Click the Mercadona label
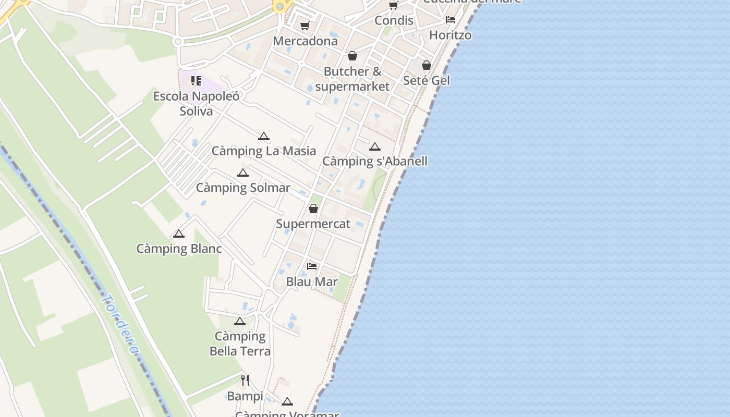(305, 41)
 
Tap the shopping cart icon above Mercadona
(305, 26)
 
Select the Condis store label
(394, 20)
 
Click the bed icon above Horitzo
(451, 20)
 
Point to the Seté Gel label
(426, 80)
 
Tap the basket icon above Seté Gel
(427, 65)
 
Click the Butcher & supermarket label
(352, 79)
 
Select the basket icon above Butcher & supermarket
(352, 56)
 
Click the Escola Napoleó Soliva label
(196, 103)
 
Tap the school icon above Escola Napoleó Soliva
(196, 81)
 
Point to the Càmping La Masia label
(263, 151)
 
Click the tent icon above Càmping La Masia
(264, 137)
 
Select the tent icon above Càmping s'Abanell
(375, 146)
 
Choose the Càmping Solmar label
(243, 188)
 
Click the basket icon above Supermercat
(313, 208)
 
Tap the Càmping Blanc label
(179, 249)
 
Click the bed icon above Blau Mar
(312, 266)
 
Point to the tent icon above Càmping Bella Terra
(240, 321)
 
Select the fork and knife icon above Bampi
(245, 381)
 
